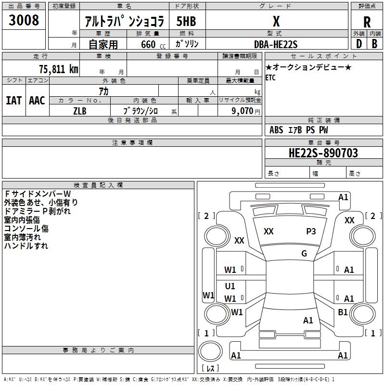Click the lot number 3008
point(24,20)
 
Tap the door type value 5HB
point(186,21)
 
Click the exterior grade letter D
point(359,43)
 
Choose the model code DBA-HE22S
point(276,44)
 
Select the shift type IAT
point(13,101)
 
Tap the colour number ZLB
point(80,110)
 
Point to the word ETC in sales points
point(270,77)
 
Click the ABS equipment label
point(276,130)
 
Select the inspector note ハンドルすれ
point(26,246)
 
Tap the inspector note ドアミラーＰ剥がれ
point(37,211)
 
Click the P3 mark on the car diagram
point(311,231)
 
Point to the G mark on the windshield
point(304,254)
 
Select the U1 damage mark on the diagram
point(230,286)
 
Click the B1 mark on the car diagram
point(343,312)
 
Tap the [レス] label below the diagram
point(210,369)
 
